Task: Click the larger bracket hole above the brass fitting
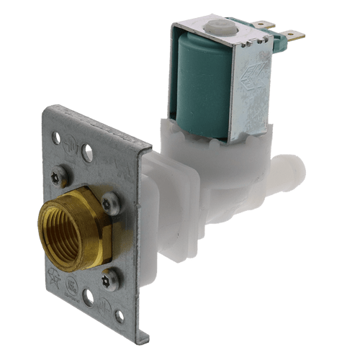pyautogui.click(x=87, y=153)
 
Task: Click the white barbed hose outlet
pyautogui.click(x=292, y=172)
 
